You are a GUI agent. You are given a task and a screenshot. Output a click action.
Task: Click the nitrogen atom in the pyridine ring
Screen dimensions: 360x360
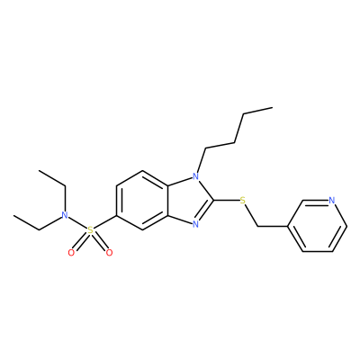click(x=331, y=200)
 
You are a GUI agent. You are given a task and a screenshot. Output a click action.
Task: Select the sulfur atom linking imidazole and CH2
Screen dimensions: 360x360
click(x=243, y=200)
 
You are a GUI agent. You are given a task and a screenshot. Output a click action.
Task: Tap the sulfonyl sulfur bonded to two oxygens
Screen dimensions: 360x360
click(x=90, y=230)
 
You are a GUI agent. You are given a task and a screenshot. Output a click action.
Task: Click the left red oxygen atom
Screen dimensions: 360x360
click(x=71, y=253)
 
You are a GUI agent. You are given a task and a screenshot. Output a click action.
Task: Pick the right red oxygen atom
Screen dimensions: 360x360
click(x=109, y=253)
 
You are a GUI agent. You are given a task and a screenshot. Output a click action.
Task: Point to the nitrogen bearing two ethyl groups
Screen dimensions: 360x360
click(x=64, y=215)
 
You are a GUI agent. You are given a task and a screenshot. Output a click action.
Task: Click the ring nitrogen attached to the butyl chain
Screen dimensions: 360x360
click(x=195, y=176)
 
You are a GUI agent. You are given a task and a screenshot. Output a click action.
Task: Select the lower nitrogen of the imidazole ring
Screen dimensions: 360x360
click(x=195, y=224)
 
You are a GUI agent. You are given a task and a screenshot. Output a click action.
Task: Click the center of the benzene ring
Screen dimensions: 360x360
click(x=142, y=200)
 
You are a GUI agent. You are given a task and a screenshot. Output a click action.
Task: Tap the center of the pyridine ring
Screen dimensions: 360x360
click(x=318, y=226)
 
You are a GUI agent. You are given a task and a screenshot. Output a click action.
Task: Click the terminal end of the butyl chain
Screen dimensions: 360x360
click(x=273, y=107)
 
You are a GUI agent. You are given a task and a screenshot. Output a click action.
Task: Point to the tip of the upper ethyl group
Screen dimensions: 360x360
click(x=39, y=170)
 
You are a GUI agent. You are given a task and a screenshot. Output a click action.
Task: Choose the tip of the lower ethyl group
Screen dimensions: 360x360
click(x=13, y=215)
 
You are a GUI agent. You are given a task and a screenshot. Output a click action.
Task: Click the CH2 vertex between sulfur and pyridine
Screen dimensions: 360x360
click(x=258, y=226)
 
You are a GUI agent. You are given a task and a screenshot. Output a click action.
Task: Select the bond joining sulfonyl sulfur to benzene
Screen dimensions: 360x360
click(x=104, y=222)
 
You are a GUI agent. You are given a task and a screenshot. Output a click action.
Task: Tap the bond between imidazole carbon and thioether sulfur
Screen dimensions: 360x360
click(x=227, y=200)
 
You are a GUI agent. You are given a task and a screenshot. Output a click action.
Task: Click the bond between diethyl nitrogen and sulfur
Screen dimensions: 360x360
click(x=77, y=222)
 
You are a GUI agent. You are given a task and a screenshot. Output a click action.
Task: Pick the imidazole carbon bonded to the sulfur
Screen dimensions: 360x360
click(x=213, y=200)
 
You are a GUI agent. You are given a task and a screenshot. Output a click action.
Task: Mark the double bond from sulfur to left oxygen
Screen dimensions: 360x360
click(x=80, y=242)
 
